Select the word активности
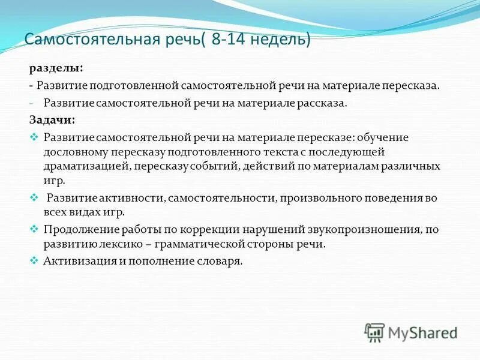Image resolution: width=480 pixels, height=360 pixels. pos(129,197)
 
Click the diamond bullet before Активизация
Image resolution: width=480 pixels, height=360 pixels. pos(34,261)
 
